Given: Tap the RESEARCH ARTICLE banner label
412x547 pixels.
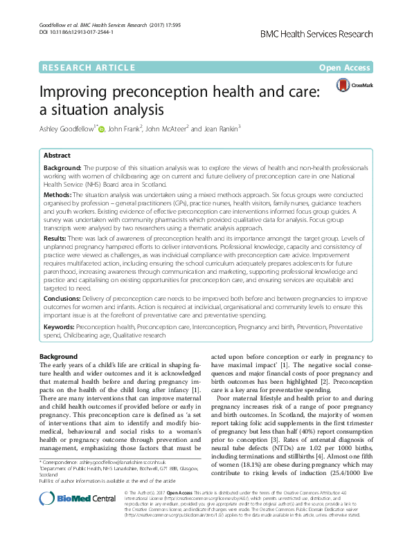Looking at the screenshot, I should tap(89, 68).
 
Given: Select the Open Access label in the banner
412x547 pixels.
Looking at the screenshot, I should tap(346, 68).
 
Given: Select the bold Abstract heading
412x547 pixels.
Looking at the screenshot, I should tap(57, 156).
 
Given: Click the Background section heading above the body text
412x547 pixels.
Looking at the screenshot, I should tap(59, 356).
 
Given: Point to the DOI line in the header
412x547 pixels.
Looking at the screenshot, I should tap(72, 13).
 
